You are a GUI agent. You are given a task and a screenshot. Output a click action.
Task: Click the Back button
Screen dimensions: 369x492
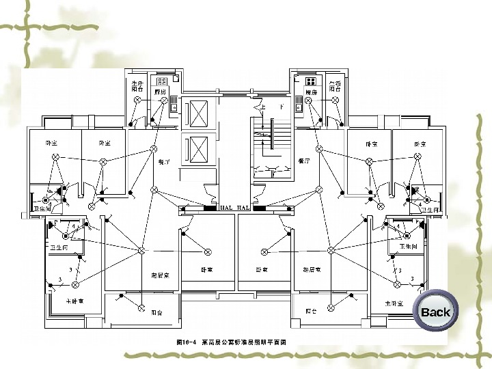[435, 312]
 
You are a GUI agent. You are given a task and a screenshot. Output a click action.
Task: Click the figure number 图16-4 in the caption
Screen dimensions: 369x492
[187, 340]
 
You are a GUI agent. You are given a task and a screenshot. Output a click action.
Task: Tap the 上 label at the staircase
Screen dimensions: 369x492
[262, 107]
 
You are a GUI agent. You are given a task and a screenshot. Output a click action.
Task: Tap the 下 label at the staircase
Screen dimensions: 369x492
[282, 107]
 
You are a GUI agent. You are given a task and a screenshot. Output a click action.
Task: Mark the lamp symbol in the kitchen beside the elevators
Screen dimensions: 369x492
[164, 100]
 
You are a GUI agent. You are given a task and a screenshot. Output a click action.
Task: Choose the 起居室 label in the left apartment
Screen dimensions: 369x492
[160, 274]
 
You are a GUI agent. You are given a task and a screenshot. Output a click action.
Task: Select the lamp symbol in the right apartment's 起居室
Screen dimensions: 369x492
[331, 251]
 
